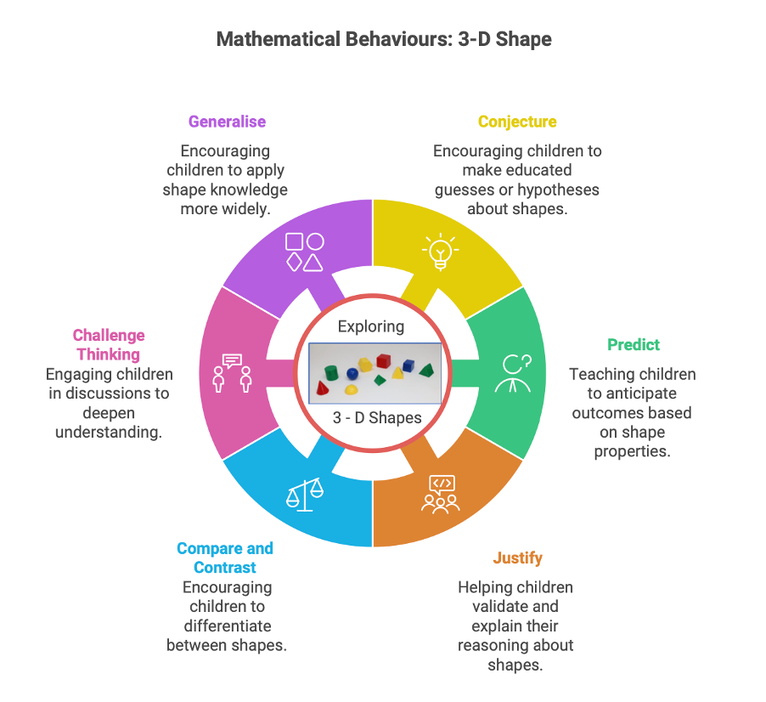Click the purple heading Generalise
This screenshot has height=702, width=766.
click(x=227, y=122)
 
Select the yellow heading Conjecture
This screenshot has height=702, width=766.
click(x=517, y=122)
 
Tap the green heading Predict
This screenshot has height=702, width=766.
click(x=633, y=344)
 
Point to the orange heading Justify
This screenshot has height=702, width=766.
click(x=517, y=558)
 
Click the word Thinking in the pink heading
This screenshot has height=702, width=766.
click(x=108, y=354)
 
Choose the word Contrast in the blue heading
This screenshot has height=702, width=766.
click(x=225, y=567)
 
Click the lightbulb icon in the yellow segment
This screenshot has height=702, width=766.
click(x=439, y=251)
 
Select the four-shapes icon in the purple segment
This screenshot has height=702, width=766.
click(x=304, y=252)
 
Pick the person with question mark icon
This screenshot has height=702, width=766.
click(x=515, y=373)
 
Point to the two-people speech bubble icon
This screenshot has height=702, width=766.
click(x=232, y=373)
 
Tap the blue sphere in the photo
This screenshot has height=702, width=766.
click(x=352, y=373)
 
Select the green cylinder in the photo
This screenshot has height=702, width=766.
click(x=332, y=373)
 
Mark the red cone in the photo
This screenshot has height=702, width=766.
click(x=324, y=388)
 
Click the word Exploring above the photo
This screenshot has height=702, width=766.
click(x=371, y=326)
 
